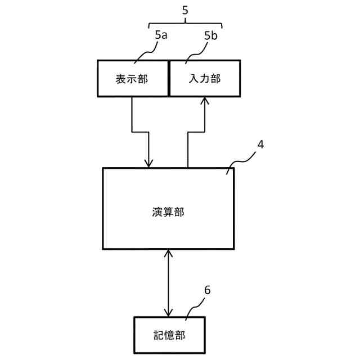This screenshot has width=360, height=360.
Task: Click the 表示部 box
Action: point(133,79)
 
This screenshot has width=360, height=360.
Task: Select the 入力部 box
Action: point(205,79)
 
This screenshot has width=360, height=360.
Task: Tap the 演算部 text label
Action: point(168,212)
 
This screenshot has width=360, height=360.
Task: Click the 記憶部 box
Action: point(169,335)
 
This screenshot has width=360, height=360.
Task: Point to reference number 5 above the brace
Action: point(186,10)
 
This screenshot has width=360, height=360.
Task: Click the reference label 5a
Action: point(160,35)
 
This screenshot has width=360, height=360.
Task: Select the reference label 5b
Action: point(211,35)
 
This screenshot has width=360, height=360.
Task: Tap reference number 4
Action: point(260,144)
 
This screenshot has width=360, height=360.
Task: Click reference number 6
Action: point(207,290)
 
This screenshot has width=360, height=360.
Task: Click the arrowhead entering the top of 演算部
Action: point(148,163)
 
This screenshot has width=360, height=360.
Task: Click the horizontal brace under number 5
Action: point(186,23)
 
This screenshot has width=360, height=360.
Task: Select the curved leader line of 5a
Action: point(145,53)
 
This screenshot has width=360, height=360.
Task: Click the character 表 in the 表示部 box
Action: point(121,79)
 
